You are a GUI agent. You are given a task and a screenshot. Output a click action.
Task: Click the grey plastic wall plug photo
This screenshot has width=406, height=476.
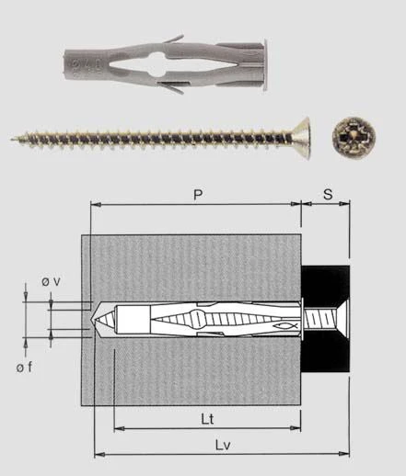[x=166, y=66]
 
